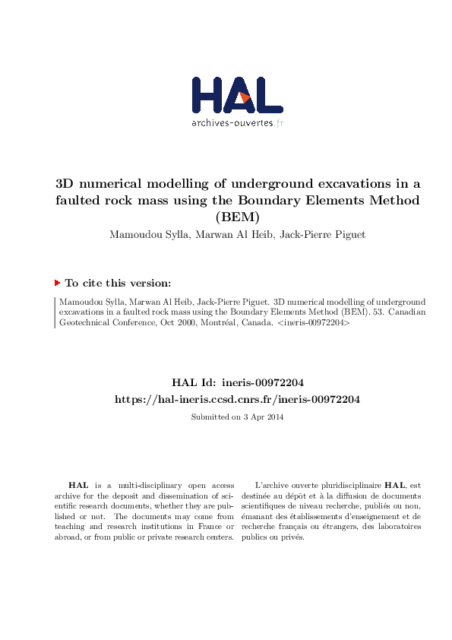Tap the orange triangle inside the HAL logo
tap(245, 97)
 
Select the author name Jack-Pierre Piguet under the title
tap(323, 235)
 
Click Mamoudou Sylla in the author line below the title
tap(140, 235)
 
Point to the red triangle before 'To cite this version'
tap(57, 283)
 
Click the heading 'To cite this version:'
tap(118, 284)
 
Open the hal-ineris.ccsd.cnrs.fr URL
tap(237, 399)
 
